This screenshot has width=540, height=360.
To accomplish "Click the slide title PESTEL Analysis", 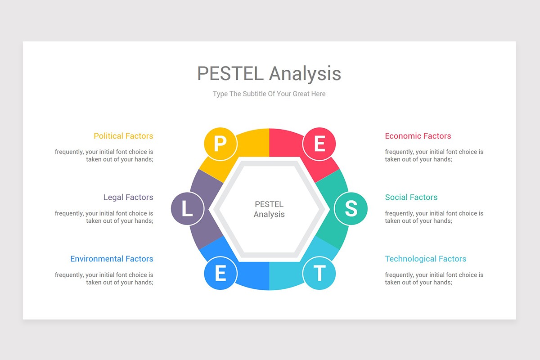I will [269, 73].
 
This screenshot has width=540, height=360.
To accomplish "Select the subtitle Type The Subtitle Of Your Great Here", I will [269, 94].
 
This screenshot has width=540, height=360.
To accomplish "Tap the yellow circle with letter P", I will [220, 144].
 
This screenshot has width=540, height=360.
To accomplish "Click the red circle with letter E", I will [319, 144].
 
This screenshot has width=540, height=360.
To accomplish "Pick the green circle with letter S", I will [351, 209].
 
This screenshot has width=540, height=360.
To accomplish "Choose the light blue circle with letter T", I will [319, 273].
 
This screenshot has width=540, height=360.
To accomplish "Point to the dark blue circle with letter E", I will [220, 273].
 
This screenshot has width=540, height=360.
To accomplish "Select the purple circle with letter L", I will [187, 209].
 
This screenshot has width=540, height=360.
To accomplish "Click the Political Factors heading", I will [123, 136].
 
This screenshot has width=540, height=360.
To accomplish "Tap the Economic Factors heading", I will [418, 136].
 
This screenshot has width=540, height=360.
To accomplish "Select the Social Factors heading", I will [411, 197].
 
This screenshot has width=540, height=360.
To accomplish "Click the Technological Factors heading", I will [425, 259].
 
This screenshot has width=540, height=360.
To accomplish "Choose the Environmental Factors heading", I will [112, 259].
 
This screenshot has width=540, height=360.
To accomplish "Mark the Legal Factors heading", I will [128, 197].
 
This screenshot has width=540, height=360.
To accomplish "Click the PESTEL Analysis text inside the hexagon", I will [269, 209].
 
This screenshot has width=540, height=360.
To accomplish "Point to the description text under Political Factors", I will [104, 156].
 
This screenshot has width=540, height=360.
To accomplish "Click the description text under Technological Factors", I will [434, 279].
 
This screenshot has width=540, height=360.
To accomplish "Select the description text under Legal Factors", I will [104, 217].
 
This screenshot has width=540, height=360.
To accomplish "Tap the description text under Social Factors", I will [434, 217].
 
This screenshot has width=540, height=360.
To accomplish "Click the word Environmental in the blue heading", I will [97, 259].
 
